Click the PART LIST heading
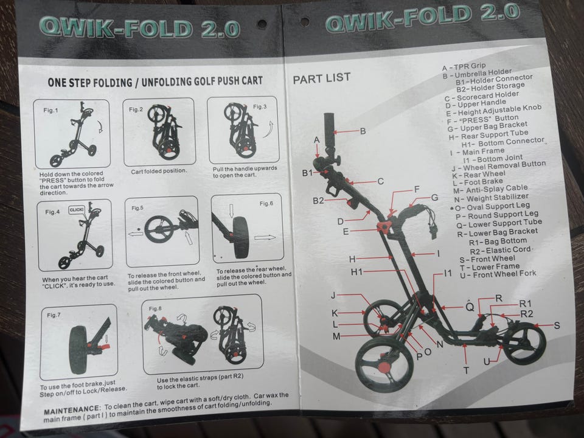[x=321, y=78]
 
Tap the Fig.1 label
[x=50, y=110]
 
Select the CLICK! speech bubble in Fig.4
[x=77, y=210]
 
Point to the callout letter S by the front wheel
[x=557, y=325]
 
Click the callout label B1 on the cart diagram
[x=307, y=173]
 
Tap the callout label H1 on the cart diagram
[x=356, y=273]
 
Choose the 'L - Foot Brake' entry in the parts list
[x=478, y=182]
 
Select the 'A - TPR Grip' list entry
[x=464, y=67]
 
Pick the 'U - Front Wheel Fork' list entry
[x=498, y=274]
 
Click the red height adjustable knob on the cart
[x=383, y=226]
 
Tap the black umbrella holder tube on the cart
[x=329, y=130]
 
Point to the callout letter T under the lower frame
[x=466, y=370]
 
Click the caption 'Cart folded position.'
[x=159, y=171]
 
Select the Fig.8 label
[x=155, y=309]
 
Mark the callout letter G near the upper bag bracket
[x=434, y=197]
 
